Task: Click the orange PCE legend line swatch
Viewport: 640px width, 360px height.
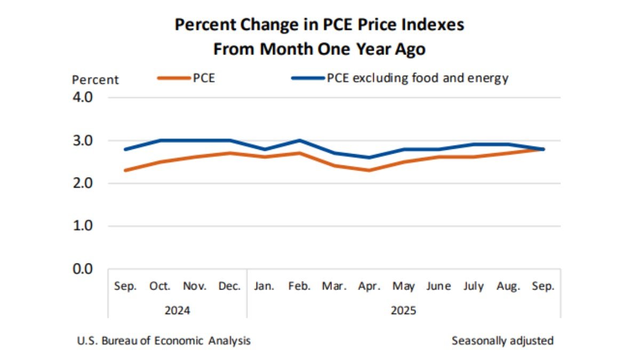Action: click(x=174, y=78)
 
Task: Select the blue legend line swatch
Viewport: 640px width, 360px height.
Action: click(x=307, y=78)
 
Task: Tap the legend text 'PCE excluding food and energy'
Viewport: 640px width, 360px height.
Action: click(x=418, y=78)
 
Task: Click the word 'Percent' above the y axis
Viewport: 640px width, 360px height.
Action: click(x=95, y=80)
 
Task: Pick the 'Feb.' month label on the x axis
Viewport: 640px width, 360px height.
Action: click(x=299, y=286)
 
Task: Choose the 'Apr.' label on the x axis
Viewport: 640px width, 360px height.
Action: click(x=369, y=286)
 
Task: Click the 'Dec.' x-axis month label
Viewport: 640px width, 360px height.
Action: click(x=229, y=286)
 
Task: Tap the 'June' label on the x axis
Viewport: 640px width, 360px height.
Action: click(x=438, y=286)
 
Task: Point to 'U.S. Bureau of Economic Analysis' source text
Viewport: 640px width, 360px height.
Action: click(x=164, y=340)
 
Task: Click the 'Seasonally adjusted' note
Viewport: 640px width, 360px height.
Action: click(x=502, y=340)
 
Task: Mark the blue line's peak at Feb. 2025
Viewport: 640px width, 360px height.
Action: click(x=299, y=141)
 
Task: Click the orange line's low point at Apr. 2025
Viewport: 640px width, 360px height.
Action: click(x=369, y=170)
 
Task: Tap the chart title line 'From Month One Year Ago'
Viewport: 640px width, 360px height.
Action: click(x=319, y=49)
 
